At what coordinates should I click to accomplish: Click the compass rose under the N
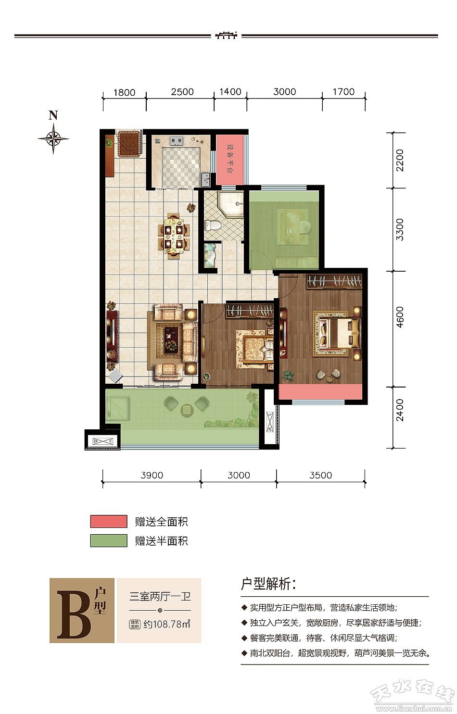(x=53, y=138)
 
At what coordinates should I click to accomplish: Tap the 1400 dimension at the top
(x=230, y=92)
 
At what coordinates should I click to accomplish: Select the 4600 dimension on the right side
(x=399, y=317)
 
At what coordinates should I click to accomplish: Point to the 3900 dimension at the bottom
(x=152, y=475)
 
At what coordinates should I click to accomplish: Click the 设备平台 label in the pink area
(x=229, y=158)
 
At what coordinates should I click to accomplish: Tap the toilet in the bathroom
(x=212, y=225)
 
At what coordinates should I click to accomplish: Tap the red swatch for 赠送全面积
(x=109, y=522)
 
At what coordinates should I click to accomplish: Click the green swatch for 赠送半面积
(x=109, y=540)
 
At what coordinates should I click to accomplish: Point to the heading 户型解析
(x=268, y=584)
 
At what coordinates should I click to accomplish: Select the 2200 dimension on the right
(x=399, y=160)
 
